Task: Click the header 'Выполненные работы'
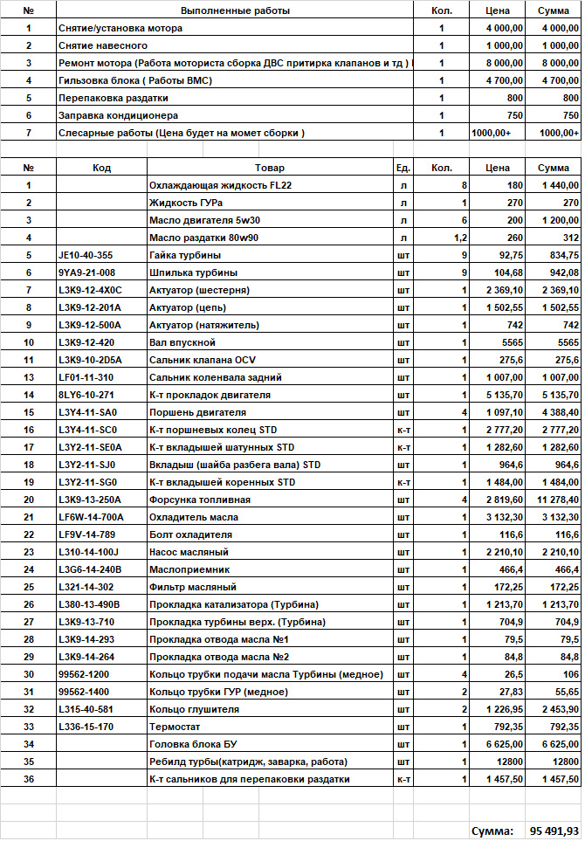pyautogui.click(x=235, y=10)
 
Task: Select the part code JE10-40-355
pyautogui.click(x=86, y=255)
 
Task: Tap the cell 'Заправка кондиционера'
pyautogui.click(x=118, y=115)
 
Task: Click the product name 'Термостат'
pyautogui.click(x=175, y=727)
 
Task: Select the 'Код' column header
pyautogui.click(x=101, y=168)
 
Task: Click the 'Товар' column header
pyautogui.click(x=270, y=168)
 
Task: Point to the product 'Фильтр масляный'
pyautogui.click(x=193, y=587)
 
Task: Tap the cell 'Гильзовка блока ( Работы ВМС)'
pyautogui.click(x=135, y=80)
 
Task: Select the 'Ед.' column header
pyautogui.click(x=403, y=168)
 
